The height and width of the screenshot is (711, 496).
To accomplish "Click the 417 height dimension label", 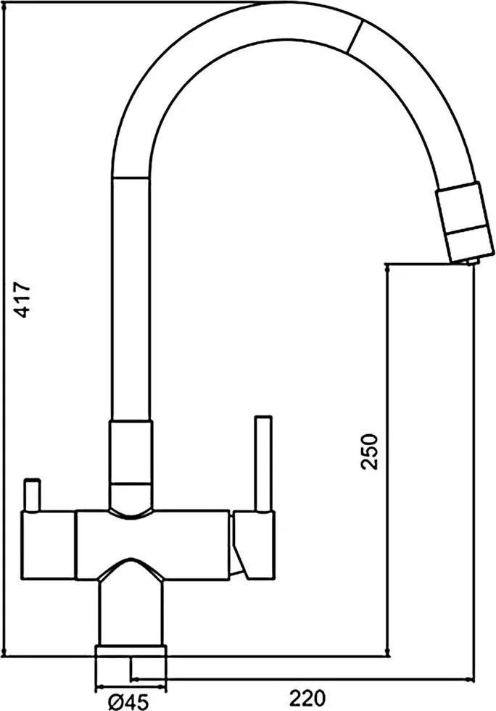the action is [x=21, y=299].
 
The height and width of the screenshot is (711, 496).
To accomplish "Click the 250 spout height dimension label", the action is [x=368, y=452].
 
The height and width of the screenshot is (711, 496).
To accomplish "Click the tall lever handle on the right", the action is [x=264, y=463].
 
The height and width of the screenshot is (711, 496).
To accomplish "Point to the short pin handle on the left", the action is [x=33, y=494].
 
